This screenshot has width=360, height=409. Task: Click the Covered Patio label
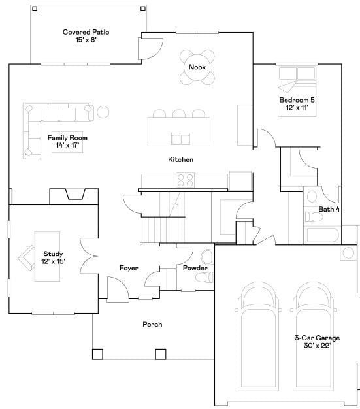point(86,36)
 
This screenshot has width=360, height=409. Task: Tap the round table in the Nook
point(197,68)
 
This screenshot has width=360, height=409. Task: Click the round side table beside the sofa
point(103,112)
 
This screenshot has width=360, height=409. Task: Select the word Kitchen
point(180,159)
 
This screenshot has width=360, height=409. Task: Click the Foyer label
point(128,269)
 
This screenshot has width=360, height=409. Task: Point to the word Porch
point(152,325)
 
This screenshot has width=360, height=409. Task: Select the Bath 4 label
point(329,210)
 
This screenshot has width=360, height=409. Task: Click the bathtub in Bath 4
point(321,236)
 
